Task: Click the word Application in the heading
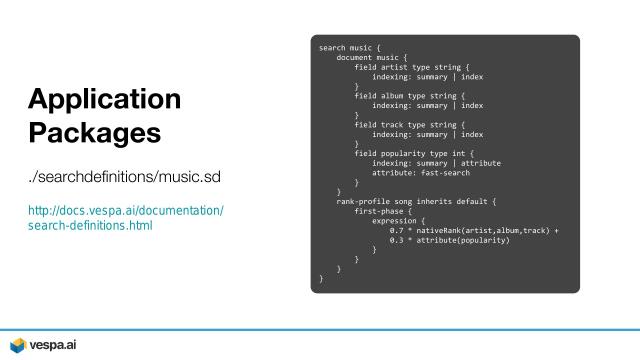104,100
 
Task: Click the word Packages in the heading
95,133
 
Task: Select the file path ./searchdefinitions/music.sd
124,177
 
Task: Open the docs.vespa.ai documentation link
126,218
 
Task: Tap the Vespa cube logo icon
18,345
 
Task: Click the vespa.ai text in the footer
53,345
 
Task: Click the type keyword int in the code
459,153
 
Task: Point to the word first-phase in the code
378,211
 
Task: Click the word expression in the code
394,221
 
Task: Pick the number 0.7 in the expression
396,231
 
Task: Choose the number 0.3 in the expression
396,240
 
